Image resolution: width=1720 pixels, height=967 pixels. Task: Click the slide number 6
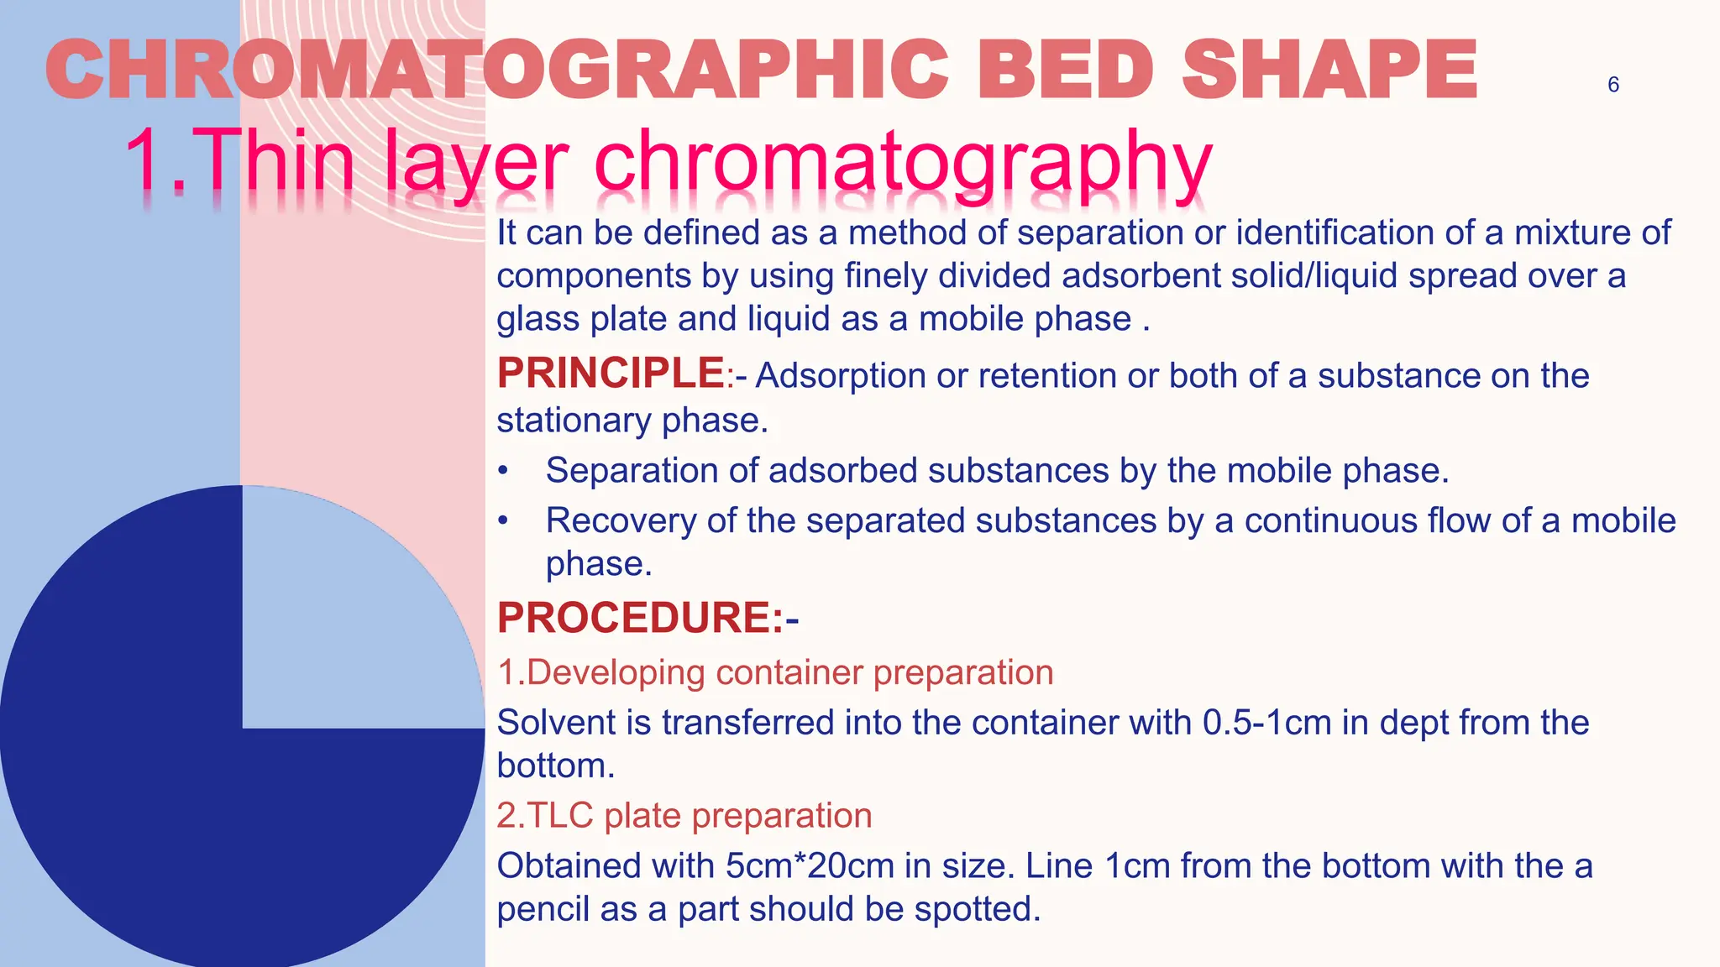(1612, 85)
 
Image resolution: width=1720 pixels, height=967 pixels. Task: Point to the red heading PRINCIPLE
(611, 373)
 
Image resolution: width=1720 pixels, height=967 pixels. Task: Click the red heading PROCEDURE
(640, 618)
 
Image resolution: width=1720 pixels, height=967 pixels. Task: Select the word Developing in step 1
(616, 672)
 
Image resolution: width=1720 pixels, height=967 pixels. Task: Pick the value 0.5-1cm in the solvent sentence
(1266, 723)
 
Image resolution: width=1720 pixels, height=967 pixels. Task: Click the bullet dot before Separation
(502, 471)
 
